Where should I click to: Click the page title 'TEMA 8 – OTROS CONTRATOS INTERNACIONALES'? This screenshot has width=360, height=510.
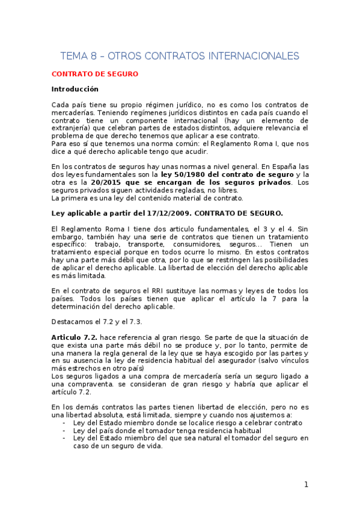click(180, 56)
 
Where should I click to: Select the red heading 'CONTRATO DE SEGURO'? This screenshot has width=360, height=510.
click(95, 74)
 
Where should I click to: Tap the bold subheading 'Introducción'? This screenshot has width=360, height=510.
click(75, 89)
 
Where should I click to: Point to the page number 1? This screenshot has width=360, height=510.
click(306, 484)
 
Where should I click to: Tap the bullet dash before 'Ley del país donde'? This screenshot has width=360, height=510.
click(64, 431)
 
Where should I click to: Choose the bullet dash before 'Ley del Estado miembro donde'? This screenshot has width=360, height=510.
click(64, 423)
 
